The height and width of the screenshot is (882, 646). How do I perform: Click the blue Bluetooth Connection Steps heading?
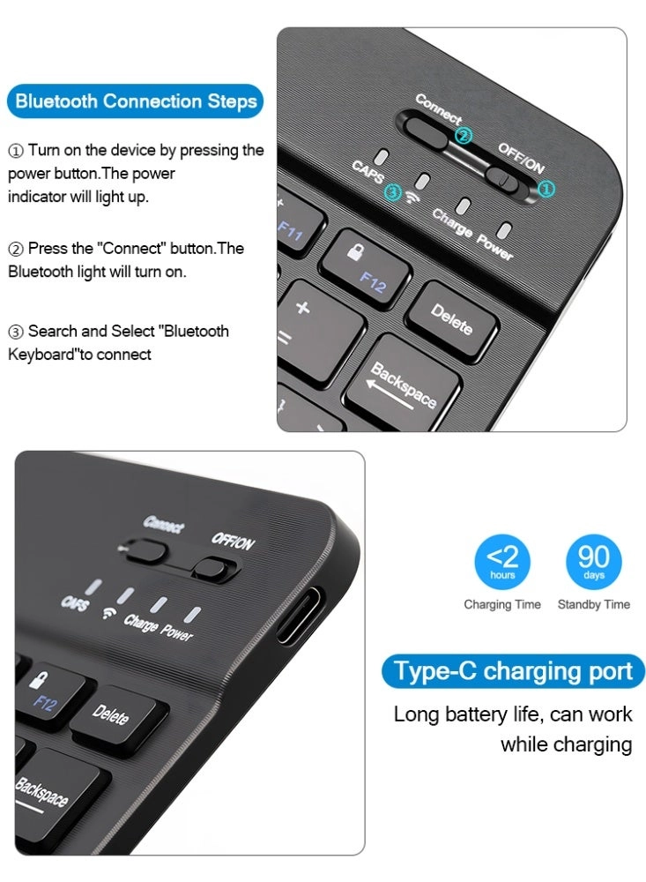coord(136,101)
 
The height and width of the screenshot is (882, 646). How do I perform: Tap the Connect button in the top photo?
coord(427,129)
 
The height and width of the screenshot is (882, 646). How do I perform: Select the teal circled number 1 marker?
coord(547,188)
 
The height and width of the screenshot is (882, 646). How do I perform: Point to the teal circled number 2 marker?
coord(464,136)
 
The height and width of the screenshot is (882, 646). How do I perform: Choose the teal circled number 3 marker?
coord(394,191)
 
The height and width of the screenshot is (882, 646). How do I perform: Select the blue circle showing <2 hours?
coord(502,562)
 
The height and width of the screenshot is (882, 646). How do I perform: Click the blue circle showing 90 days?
coord(593,562)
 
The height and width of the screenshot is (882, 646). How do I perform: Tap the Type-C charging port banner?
coord(513,671)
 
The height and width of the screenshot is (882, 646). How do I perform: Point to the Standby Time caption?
coord(593,604)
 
